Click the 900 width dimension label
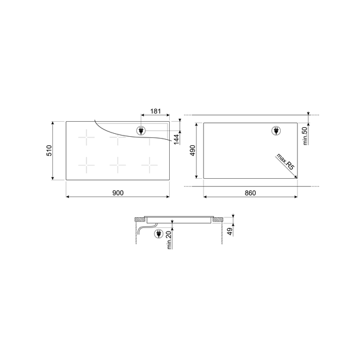tap(118, 193)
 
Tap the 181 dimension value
tap(155, 111)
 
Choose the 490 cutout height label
tap(193, 151)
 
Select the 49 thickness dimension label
tap(230, 232)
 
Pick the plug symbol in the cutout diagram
tap(277, 130)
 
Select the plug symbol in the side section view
tap(159, 234)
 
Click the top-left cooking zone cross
tap(88, 139)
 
